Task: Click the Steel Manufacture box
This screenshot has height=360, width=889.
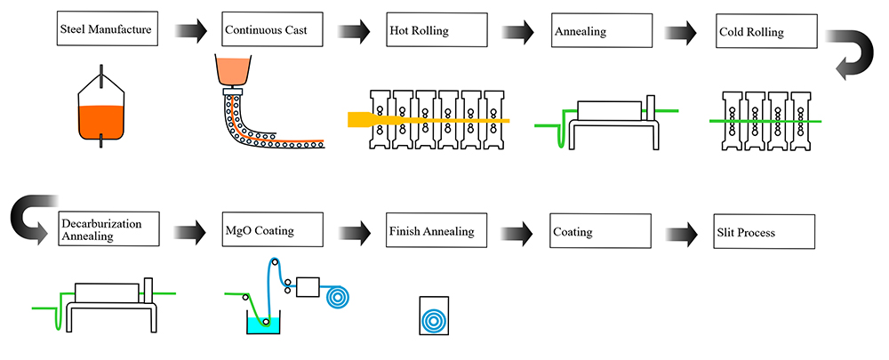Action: (x=108, y=31)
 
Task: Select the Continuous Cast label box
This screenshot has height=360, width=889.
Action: (x=272, y=31)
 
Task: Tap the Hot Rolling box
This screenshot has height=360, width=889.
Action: (x=436, y=31)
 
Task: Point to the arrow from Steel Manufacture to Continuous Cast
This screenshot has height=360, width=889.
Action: (x=189, y=32)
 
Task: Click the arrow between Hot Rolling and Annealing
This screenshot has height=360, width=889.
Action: (x=517, y=32)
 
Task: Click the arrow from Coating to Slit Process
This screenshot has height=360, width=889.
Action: (x=682, y=233)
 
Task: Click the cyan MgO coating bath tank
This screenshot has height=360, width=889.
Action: (x=263, y=324)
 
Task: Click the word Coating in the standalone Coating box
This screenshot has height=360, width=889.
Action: (x=574, y=233)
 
